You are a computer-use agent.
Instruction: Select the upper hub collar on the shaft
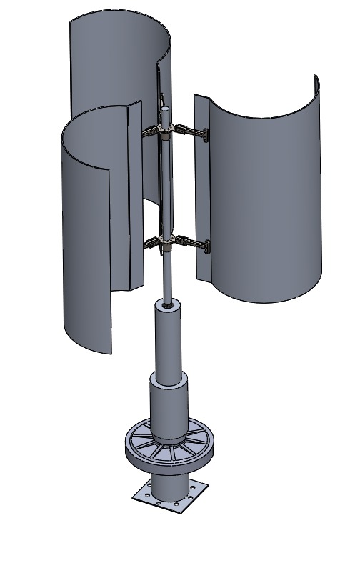[x=166, y=131]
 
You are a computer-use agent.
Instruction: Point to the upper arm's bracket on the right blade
[x=205, y=135]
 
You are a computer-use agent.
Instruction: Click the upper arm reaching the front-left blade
[x=152, y=132]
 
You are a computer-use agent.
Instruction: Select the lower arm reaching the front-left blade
[x=151, y=244]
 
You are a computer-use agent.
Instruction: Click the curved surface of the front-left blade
[x=86, y=229]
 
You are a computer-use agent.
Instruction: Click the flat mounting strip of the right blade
[x=201, y=193]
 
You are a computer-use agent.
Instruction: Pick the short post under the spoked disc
[x=170, y=486]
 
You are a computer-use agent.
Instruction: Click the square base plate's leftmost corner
[x=134, y=494]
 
